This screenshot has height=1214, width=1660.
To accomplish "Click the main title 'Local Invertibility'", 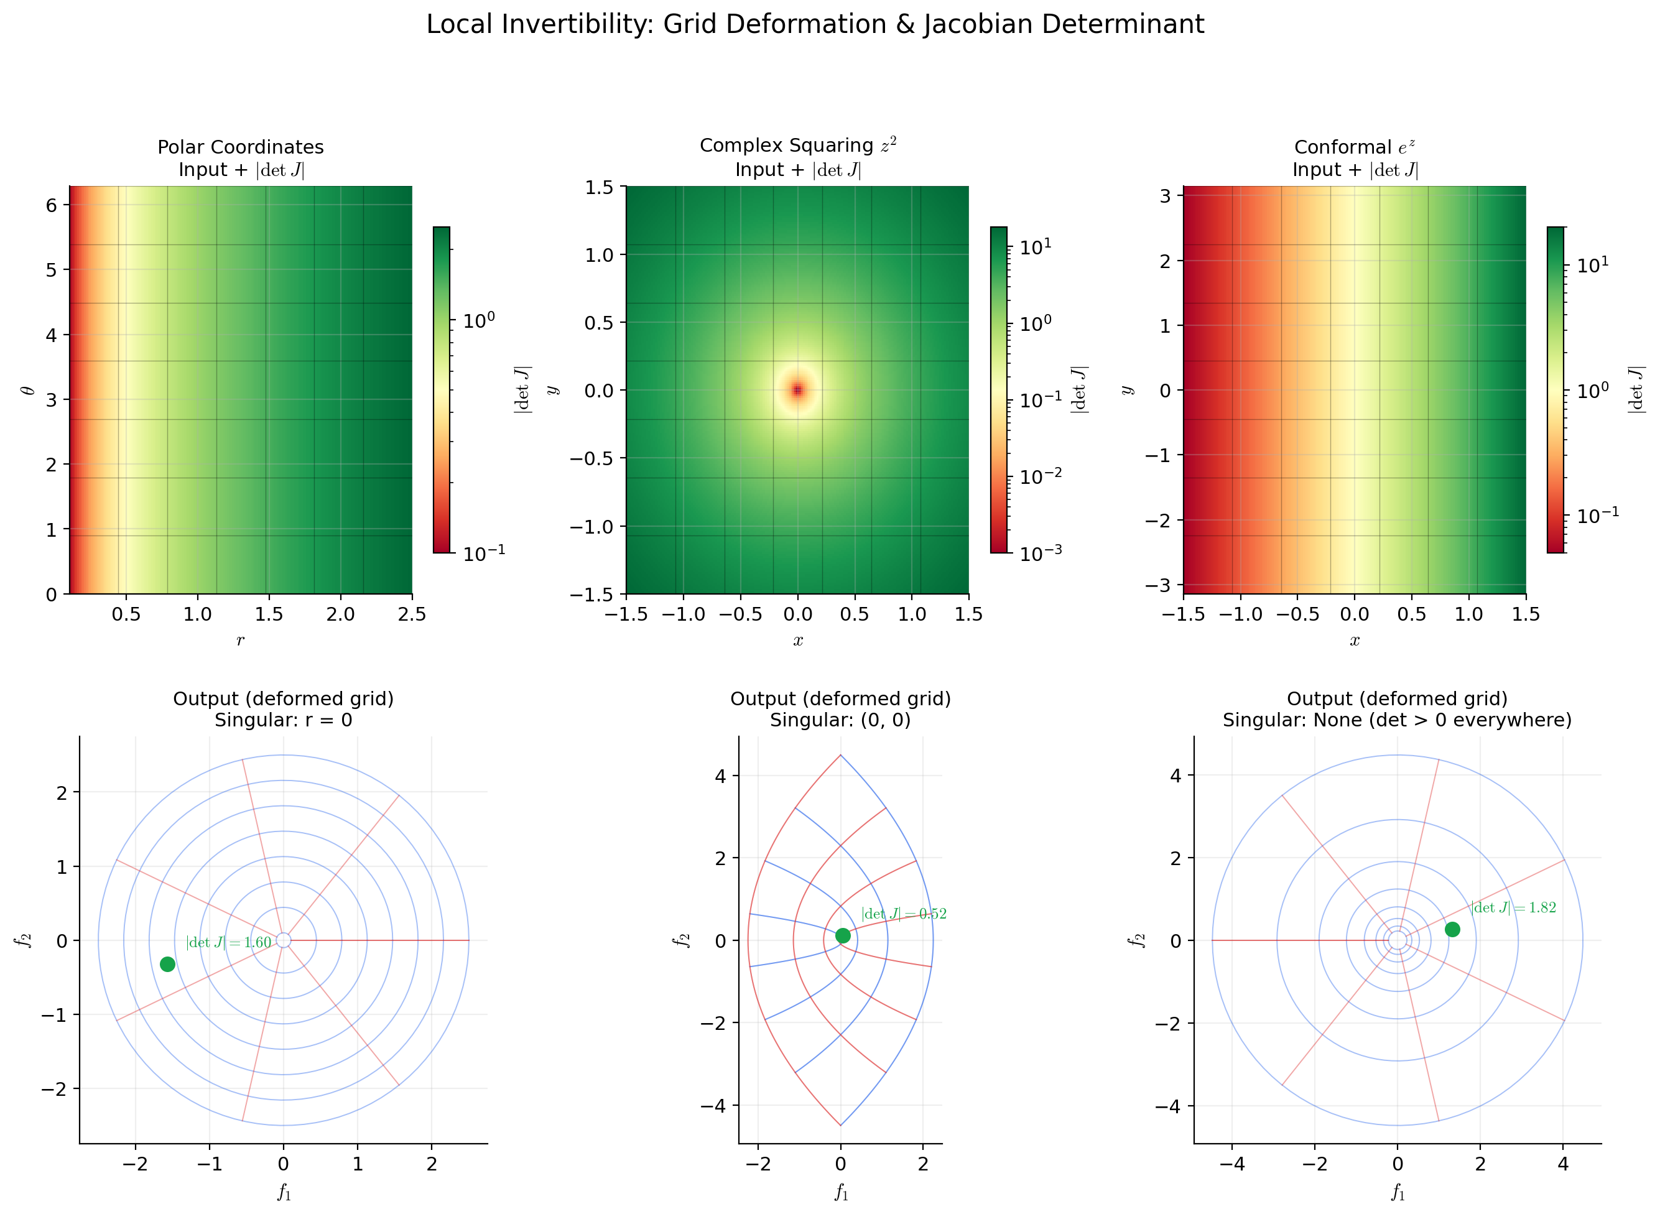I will point(814,25).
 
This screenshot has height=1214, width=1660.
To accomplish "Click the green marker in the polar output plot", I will point(167,963).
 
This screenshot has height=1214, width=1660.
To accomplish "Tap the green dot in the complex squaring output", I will point(843,935).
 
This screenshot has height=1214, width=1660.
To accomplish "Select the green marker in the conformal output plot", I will point(1452,930).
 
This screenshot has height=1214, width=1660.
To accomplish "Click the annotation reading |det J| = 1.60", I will point(228,943).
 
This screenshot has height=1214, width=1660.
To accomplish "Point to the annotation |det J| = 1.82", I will point(1514,907).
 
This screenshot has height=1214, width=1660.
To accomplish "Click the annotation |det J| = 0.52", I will point(904,914).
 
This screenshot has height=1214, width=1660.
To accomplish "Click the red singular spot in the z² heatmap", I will point(797,390).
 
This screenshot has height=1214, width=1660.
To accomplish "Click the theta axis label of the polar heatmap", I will point(28,390).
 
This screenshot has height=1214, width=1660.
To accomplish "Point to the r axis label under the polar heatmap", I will point(240,640).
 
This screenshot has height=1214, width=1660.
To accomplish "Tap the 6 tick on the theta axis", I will point(52,205).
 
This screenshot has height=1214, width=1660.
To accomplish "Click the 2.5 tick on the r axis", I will point(412,614).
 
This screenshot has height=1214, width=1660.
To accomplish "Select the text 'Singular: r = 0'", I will point(283,720).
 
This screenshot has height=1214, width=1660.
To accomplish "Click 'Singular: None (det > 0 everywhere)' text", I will point(1397,720).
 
